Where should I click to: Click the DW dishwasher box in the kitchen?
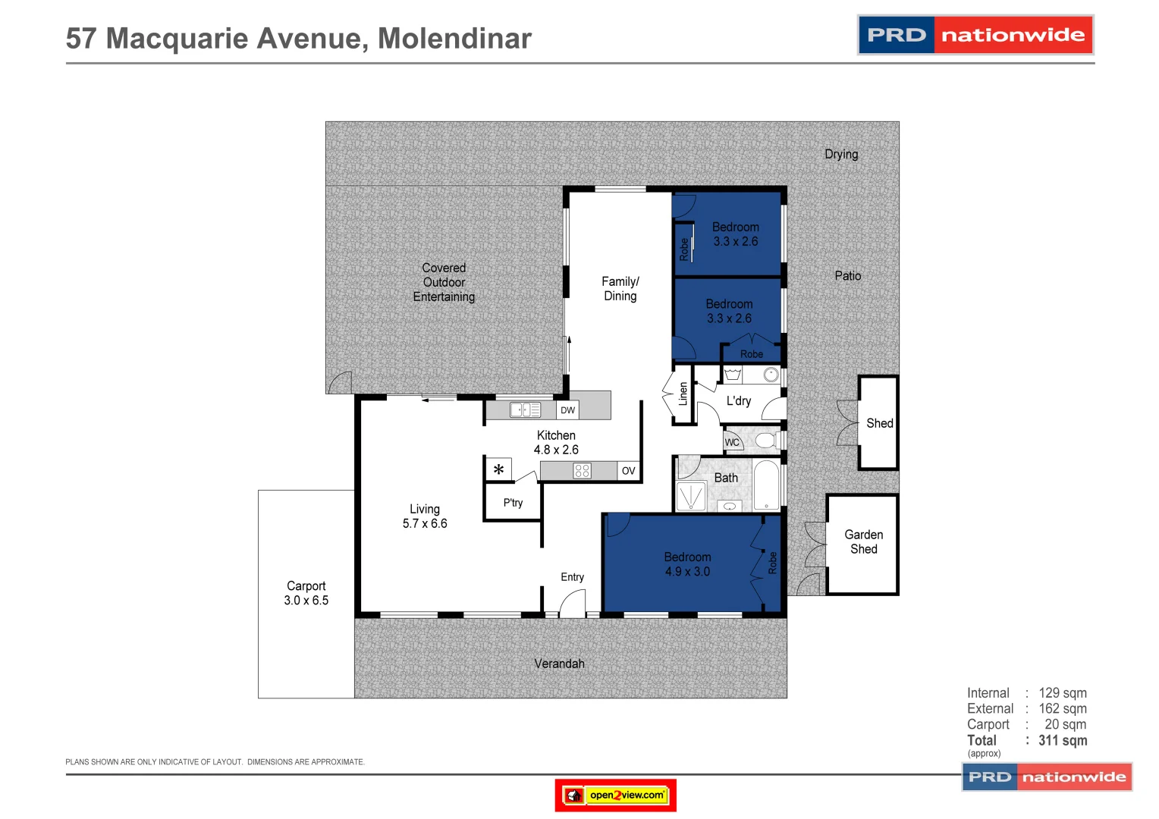click(x=567, y=410)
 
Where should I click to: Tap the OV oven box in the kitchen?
click(x=628, y=471)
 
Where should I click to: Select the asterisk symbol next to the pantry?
click(x=498, y=470)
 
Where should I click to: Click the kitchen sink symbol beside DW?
click(x=525, y=410)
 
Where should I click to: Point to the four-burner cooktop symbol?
click(x=582, y=471)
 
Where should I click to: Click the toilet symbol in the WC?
click(x=765, y=441)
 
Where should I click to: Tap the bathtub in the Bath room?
click(x=766, y=485)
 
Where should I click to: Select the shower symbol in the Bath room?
click(x=691, y=497)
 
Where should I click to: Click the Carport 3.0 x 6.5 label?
click(x=306, y=593)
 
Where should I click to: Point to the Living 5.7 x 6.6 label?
click(x=425, y=516)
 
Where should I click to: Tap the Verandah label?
click(x=559, y=664)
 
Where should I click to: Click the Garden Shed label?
click(x=863, y=541)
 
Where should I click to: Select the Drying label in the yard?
click(x=841, y=154)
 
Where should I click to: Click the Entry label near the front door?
click(x=572, y=577)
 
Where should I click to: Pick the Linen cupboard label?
click(x=683, y=394)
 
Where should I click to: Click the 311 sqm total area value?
click(x=1063, y=740)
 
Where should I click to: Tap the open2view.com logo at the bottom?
click(x=616, y=795)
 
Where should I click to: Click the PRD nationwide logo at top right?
click(x=975, y=35)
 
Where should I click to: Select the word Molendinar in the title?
click(x=454, y=39)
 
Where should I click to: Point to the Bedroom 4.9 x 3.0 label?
click(x=687, y=564)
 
